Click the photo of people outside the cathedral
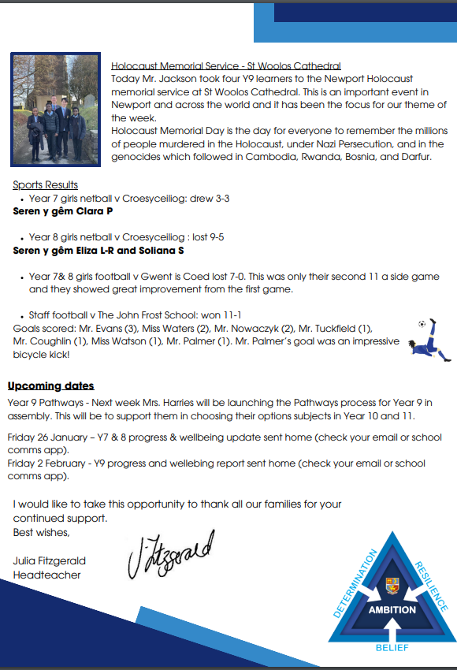[x=55, y=109]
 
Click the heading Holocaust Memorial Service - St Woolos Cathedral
[x=226, y=65]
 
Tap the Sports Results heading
[x=45, y=185]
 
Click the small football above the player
[x=423, y=324]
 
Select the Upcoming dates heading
[x=51, y=385]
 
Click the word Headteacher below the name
[x=46, y=575]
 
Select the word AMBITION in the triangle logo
[x=392, y=609]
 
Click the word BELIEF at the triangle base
[x=392, y=649]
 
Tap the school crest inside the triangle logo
[x=392, y=586]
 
